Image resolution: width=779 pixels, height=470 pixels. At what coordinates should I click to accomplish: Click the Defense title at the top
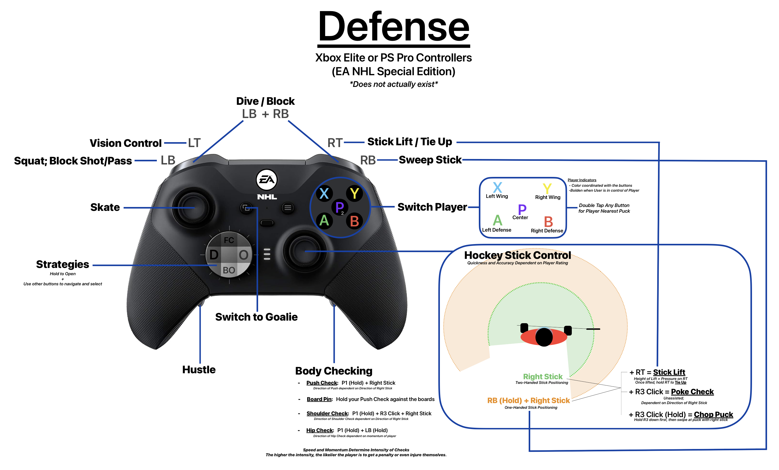pyautogui.click(x=394, y=28)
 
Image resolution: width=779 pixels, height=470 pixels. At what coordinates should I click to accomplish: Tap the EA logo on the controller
pyautogui.click(x=266, y=180)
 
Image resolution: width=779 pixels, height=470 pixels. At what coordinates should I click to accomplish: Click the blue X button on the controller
pyautogui.click(x=324, y=193)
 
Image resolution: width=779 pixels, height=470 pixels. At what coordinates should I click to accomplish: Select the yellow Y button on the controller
pyautogui.click(x=354, y=193)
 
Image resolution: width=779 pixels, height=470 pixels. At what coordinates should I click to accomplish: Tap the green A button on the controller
pyautogui.click(x=324, y=220)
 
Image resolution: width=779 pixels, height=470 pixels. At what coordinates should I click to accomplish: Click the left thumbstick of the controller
pyautogui.click(x=193, y=208)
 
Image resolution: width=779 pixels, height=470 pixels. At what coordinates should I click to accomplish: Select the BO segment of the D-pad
pyautogui.click(x=229, y=270)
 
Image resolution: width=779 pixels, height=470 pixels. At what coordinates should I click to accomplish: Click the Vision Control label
pyautogui.click(x=125, y=143)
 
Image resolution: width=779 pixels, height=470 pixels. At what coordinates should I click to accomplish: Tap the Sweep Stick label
pyautogui.click(x=430, y=160)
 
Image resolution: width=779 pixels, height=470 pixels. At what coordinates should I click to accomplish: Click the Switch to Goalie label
pyautogui.click(x=256, y=317)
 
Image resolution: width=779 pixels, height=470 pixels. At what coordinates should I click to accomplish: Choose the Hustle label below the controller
pyautogui.click(x=199, y=370)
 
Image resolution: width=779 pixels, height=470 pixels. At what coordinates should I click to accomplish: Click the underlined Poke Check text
pyautogui.click(x=692, y=392)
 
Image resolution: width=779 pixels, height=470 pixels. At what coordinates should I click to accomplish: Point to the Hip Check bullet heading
pyautogui.click(x=320, y=430)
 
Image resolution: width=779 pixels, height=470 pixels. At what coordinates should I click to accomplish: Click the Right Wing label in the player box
pyautogui.click(x=548, y=197)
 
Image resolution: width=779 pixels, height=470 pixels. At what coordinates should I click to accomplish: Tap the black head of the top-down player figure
pyautogui.click(x=544, y=337)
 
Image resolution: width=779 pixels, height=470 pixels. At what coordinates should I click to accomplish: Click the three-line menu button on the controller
pyautogui.click(x=288, y=208)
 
